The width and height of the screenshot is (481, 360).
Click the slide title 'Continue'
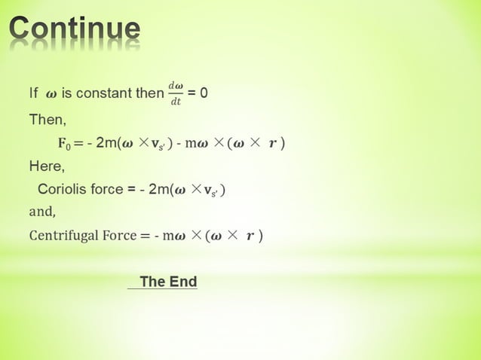(x=75, y=30)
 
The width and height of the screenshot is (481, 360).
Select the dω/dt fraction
(x=175, y=93)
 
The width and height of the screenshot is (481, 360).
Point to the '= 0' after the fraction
(x=198, y=93)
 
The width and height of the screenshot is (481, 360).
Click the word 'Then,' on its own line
(x=47, y=119)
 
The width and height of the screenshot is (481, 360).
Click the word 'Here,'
(x=47, y=166)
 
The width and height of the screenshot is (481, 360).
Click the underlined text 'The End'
(x=168, y=282)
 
